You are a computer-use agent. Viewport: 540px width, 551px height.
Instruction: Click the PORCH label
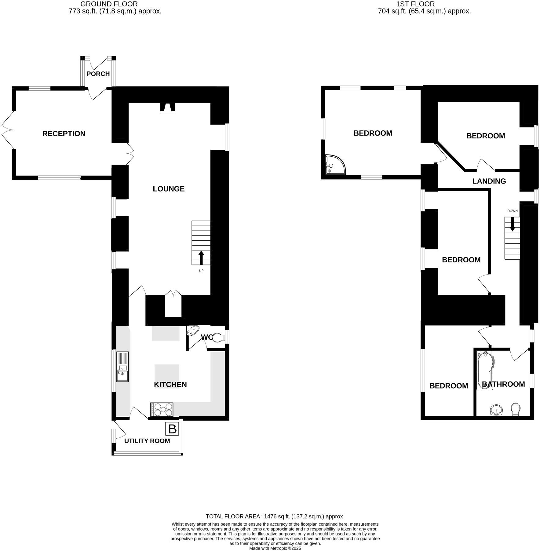click(98, 74)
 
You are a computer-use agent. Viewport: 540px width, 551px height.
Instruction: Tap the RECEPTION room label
click(64, 134)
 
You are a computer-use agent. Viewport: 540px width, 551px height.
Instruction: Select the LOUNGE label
click(169, 189)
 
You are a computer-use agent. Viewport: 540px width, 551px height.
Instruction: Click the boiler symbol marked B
click(172, 429)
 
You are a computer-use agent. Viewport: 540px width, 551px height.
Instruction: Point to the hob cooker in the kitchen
click(162, 410)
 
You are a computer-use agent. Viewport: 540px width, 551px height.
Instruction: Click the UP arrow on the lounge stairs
click(201, 258)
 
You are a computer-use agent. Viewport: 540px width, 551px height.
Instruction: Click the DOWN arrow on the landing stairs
click(512, 224)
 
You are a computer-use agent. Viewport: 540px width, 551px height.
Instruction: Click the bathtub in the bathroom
click(485, 370)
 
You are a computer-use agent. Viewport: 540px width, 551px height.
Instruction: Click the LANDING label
click(489, 181)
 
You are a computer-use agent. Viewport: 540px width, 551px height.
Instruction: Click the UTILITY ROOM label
click(147, 441)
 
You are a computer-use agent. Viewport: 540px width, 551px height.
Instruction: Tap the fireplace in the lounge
click(167, 108)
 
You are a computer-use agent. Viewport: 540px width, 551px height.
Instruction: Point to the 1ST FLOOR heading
click(415, 4)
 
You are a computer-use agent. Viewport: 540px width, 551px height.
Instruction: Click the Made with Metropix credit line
click(275, 548)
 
